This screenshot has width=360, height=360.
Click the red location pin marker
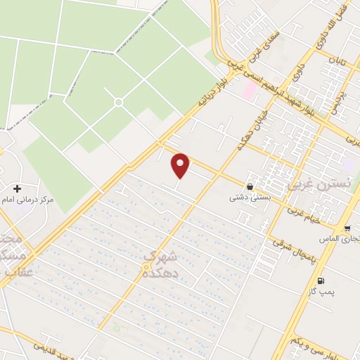tap(181, 165)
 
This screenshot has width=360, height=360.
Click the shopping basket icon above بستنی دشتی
tap(250, 186)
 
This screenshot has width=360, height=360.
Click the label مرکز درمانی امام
tap(29, 200)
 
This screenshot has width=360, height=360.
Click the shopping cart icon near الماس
tap(347, 229)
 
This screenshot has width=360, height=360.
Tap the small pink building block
tap(249, 89)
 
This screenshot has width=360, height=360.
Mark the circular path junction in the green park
tap(118, 103)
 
